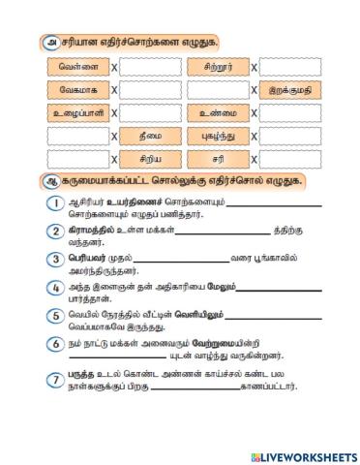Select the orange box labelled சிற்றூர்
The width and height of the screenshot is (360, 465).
220,68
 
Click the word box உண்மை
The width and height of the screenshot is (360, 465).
220,112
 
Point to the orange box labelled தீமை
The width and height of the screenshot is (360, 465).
150,135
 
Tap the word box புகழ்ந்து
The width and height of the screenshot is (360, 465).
220,135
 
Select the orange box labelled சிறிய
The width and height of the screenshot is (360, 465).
150,157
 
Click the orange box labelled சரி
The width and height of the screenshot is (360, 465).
220,157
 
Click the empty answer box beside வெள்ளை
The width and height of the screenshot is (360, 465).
150,68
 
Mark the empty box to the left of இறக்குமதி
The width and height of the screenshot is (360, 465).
220,90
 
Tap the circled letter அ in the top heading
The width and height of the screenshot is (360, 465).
47,41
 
